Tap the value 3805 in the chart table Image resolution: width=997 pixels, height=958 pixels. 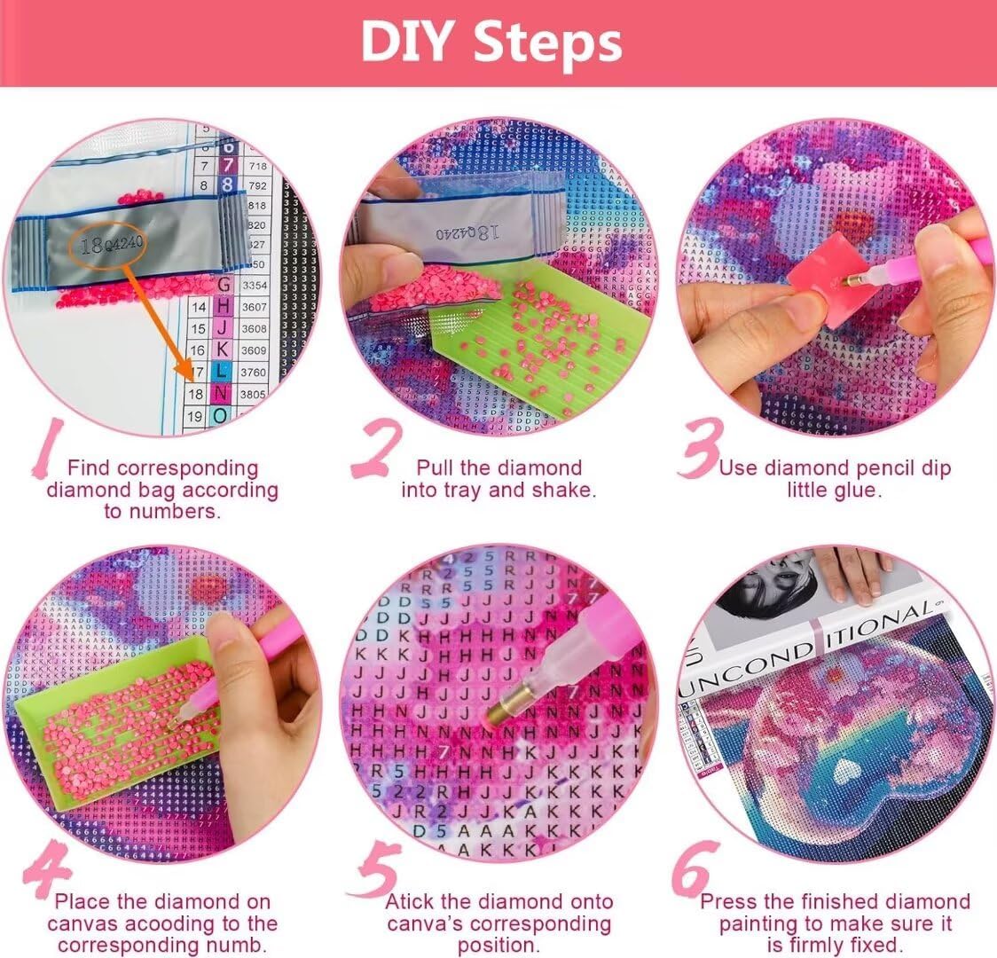254,394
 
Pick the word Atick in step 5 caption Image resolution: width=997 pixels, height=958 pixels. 410,901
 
